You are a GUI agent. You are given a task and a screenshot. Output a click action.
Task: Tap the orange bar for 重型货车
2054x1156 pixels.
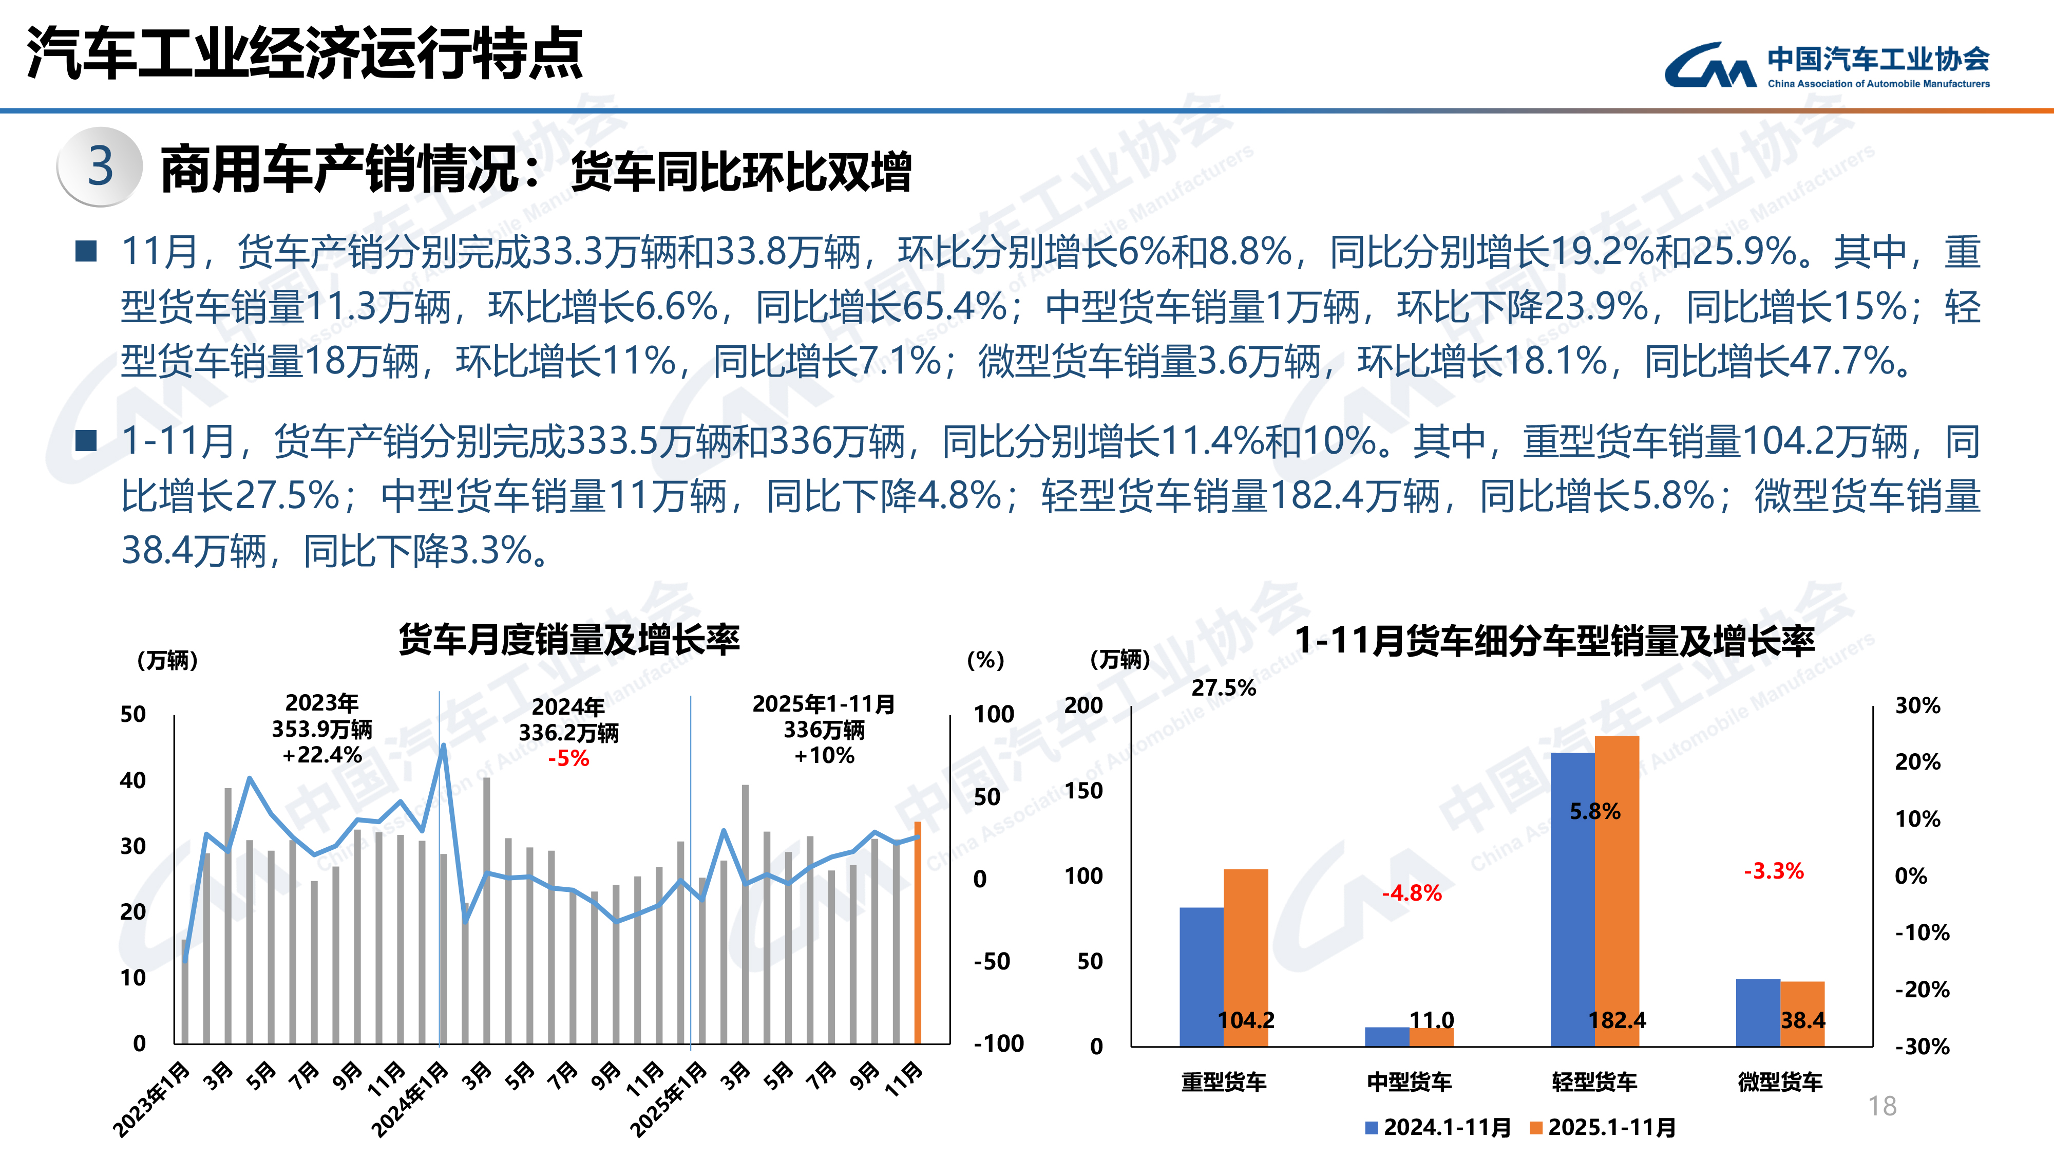(x=1245, y=957)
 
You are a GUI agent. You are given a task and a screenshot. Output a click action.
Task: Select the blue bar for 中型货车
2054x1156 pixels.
(x=1386, y=1036)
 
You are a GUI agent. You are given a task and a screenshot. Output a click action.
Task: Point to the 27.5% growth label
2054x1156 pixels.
(x=1223, y=688)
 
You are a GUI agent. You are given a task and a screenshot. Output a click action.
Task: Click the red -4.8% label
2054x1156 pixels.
(x=1411, y=893)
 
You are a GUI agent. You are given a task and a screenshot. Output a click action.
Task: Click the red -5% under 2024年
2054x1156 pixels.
(x=568, y=758)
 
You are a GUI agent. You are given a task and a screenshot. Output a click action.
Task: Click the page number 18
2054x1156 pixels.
(x=1882, y=1106)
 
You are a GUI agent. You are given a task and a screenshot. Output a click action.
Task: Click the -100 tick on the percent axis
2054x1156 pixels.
(x=998, y=1043)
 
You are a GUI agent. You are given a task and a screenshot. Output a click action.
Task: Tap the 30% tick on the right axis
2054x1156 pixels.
(x=1917, y=705)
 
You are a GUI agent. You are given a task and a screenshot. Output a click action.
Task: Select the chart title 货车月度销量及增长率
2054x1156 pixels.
(x=569, y=640)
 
